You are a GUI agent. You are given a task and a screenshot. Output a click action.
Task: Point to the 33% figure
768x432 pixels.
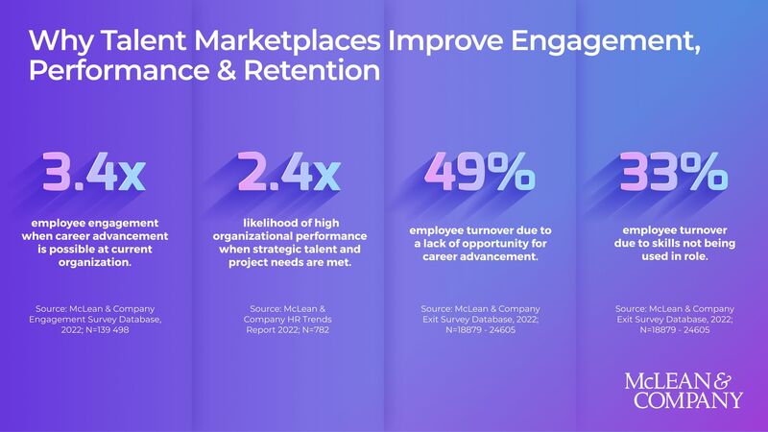point(672,175)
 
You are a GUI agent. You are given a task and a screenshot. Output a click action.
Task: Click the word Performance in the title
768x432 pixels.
point(108,72)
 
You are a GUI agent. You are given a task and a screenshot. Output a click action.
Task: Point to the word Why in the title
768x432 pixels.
point(56,42)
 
